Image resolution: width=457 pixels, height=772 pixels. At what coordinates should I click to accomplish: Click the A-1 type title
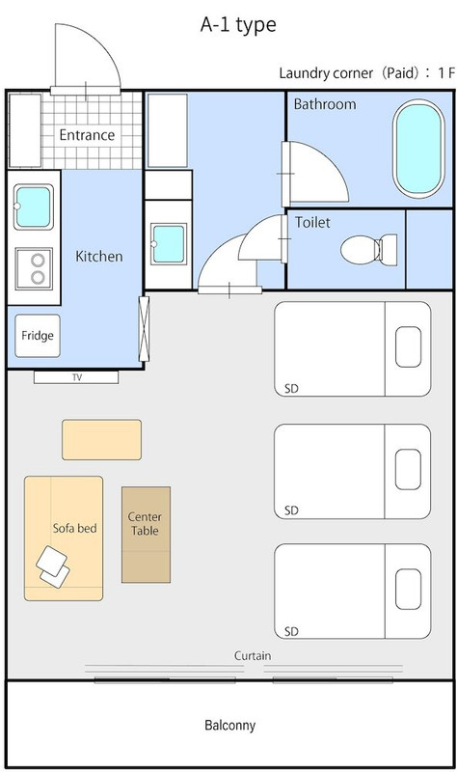tap(238, 25)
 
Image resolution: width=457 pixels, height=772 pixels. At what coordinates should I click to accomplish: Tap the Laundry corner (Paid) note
tap(367, 73)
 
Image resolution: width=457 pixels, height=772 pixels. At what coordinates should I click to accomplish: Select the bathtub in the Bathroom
tap(418, 149)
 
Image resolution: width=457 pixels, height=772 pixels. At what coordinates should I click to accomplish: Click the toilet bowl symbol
tap(369, 250)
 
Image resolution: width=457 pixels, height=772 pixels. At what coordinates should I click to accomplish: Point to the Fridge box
tap(38, 336)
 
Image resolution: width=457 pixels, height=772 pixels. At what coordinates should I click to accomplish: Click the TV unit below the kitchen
tap(76, 377)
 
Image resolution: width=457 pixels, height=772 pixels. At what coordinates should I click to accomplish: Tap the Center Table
tap(147, 535)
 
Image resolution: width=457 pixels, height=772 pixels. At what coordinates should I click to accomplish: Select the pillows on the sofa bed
tap(53, 566)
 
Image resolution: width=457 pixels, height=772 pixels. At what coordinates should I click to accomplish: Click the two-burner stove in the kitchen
tap(34, 269)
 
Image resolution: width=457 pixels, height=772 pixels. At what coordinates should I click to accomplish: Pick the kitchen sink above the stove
tap(34, 207)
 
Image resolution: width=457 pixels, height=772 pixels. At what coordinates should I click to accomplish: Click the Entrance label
tap(87, 135)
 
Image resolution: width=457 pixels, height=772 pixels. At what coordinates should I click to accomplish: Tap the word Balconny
tap(230, 726)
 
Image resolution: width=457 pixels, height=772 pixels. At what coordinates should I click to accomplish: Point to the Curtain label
tap(253, 656)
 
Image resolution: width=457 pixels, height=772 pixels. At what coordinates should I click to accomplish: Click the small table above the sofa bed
tap(102, 440)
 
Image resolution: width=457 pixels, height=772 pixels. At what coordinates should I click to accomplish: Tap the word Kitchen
tap(99, 256)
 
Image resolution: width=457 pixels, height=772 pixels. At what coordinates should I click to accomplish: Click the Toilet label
tap(312, 223)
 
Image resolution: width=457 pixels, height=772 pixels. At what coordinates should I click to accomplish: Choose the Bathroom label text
tap(325, 104)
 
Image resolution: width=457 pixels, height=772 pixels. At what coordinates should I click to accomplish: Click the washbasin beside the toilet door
tap(168, 244)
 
